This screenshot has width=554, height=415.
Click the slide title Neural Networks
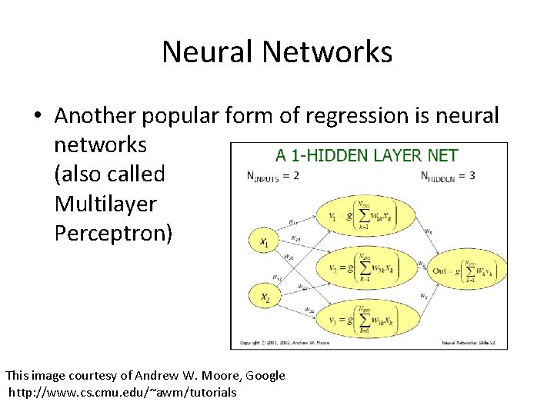coord(277,52)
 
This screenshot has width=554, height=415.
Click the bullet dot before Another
coord(37,117)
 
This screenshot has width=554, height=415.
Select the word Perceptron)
coord(114,234)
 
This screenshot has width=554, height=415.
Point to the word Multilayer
coord(105,204)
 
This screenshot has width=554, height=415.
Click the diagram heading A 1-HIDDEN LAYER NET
coord(367,156)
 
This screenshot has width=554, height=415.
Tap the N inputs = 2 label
coord(272,176)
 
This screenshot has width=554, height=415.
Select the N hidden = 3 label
coord(448,176)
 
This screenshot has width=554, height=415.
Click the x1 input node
coord(263,241)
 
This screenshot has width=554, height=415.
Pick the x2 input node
coord(263,296)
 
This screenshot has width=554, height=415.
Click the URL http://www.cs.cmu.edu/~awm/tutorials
coord(123,393)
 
